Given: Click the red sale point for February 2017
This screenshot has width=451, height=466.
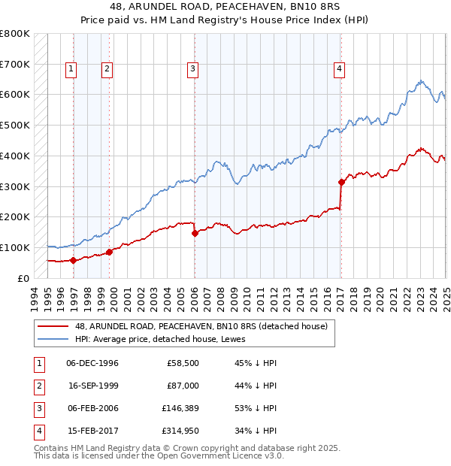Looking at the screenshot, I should [x=341, y=181].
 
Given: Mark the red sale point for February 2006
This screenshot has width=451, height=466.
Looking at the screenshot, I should [x=195, y=233].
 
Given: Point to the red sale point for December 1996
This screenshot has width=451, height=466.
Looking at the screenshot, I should [x=73, y=260].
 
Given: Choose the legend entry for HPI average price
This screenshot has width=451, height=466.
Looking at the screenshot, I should [x=165, y=339].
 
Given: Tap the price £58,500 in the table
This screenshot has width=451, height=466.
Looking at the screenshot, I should [x=183, y=364].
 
